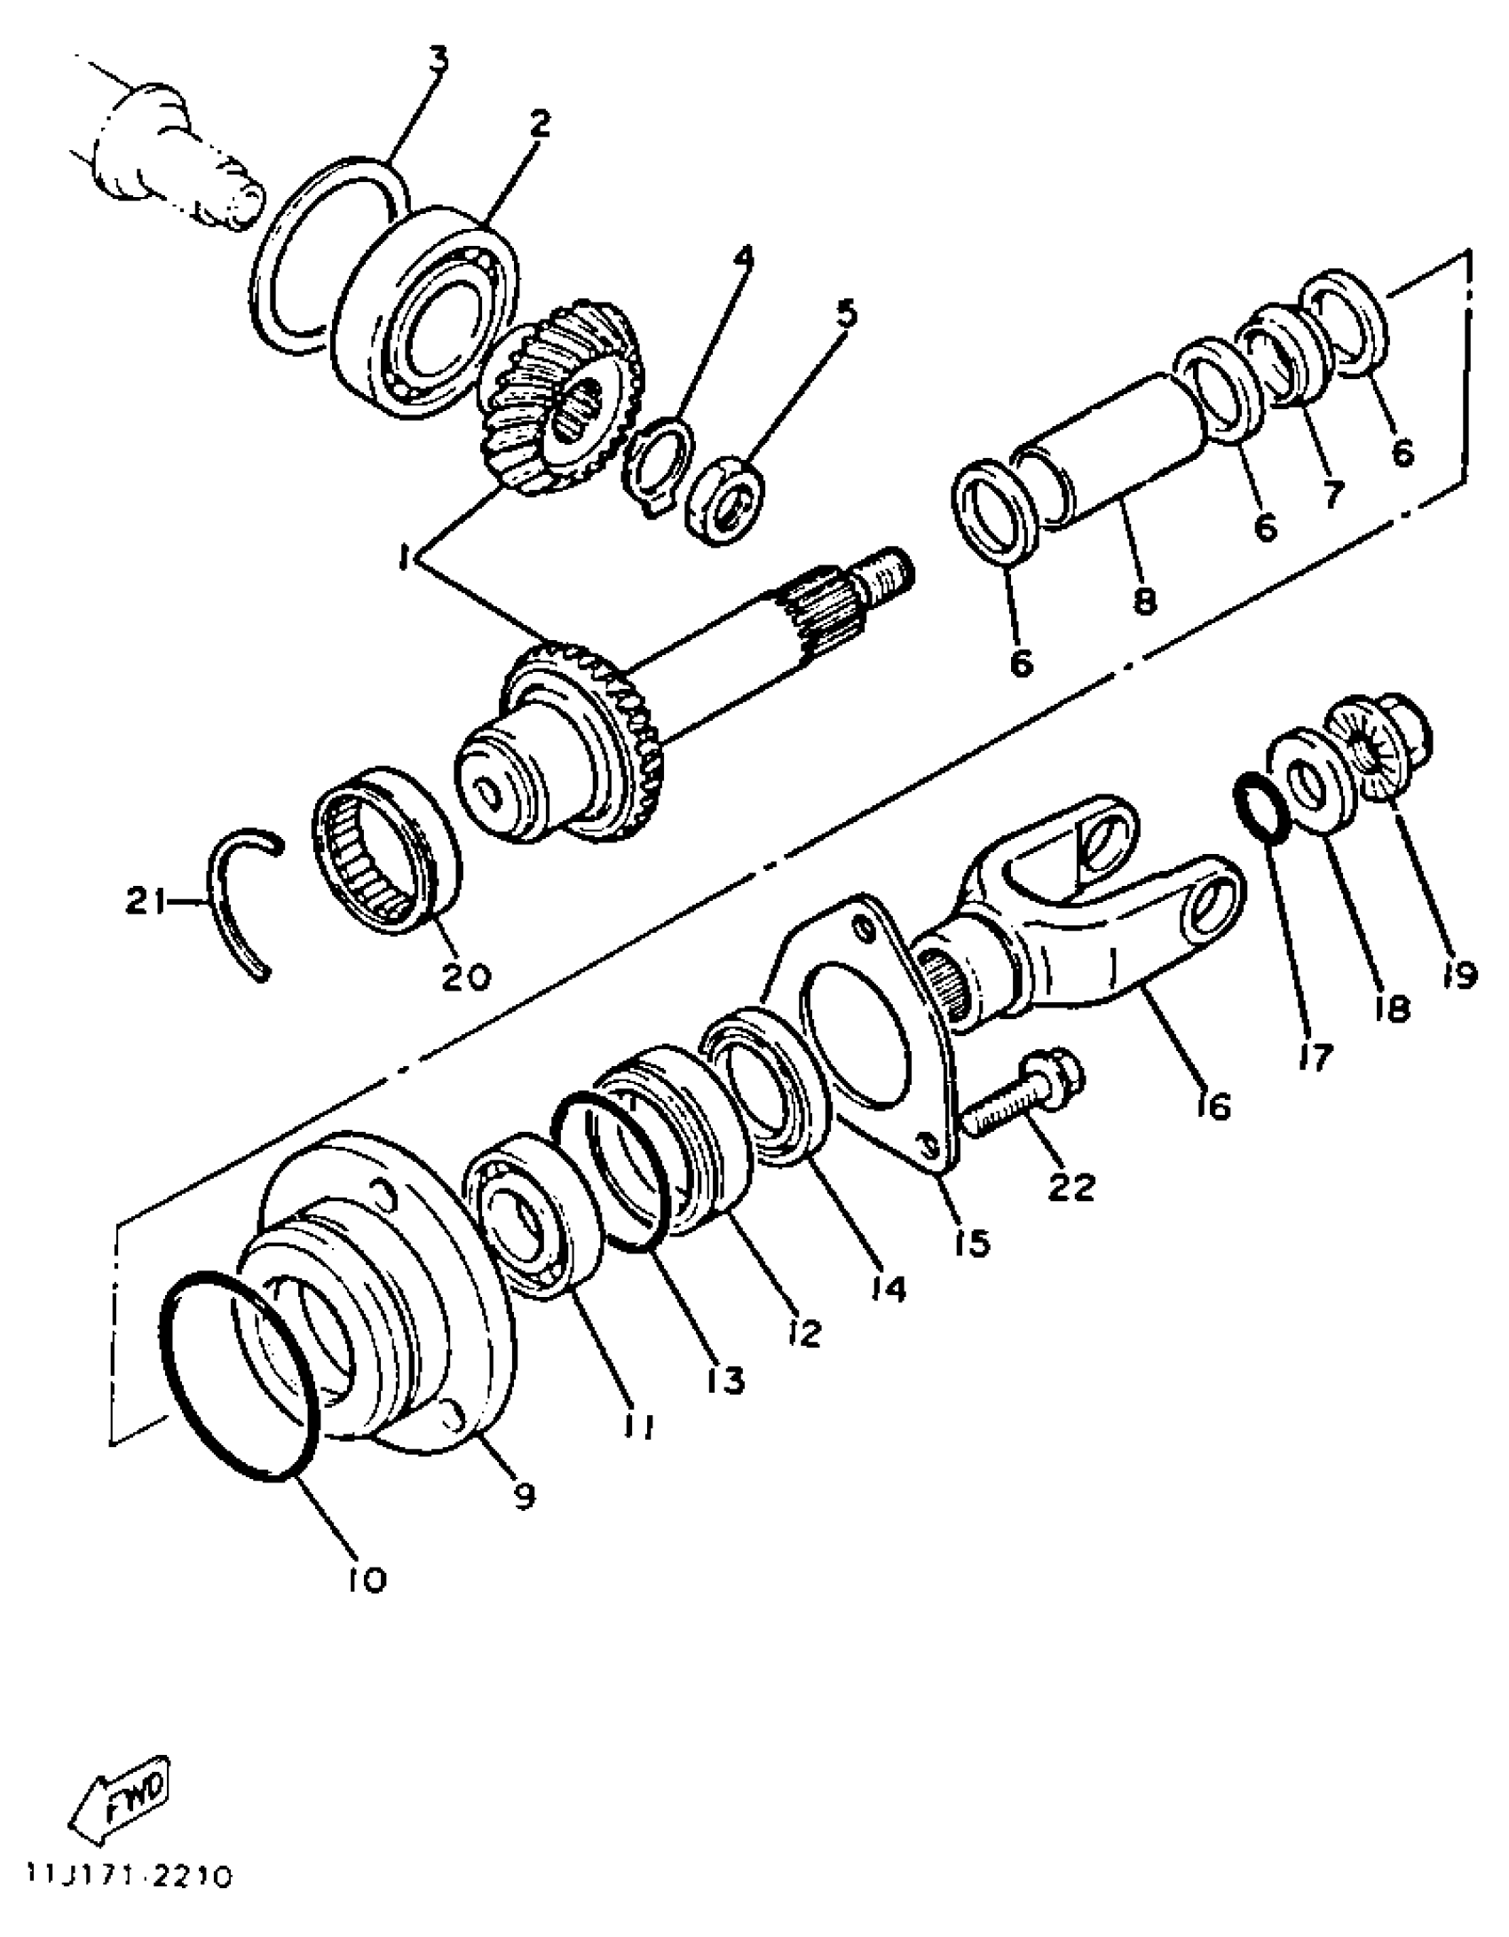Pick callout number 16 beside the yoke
click(x=1213, y=1105)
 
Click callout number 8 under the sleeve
click(x=1144, y=601)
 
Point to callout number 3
click(x=438, y=61)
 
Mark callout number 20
click(x=466, y=976)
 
